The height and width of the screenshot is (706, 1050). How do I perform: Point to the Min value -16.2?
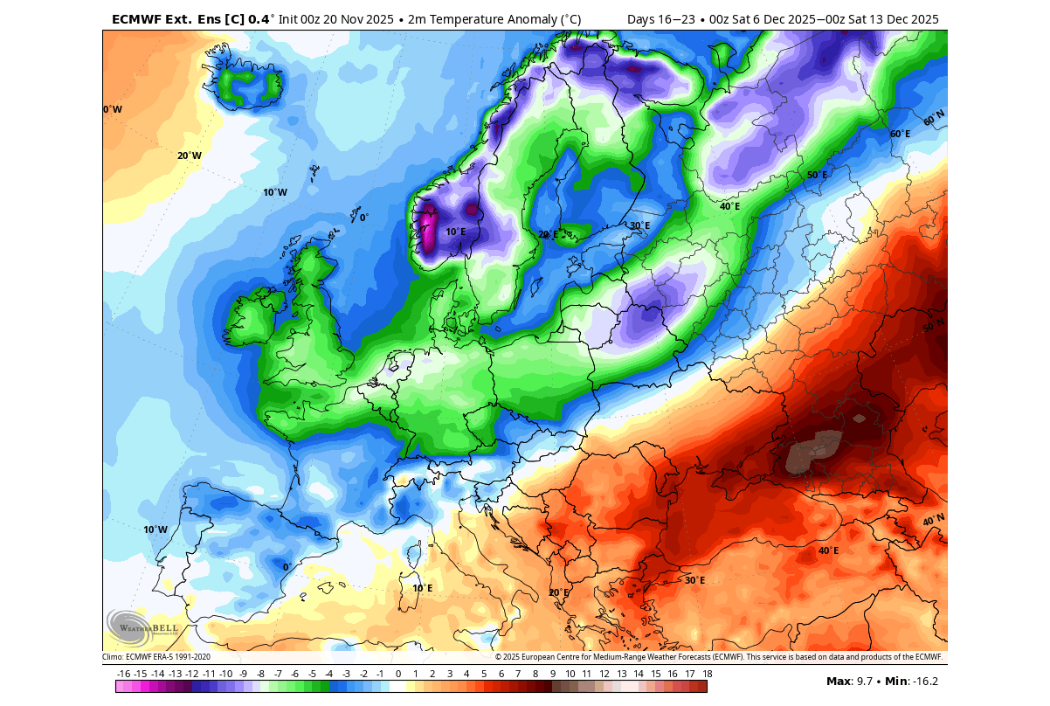[x=923, y=682]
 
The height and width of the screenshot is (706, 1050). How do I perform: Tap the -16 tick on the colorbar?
[x=124, y=674]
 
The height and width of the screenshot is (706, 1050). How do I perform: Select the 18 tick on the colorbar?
[x=706, y=674]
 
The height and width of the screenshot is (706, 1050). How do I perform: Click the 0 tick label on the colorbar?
[x=398, y=674]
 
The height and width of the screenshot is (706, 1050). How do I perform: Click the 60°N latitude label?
[x=934, y=116]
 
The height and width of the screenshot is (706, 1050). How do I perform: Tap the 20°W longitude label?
[x=190, y=156]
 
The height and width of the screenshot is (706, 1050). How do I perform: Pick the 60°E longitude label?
[x=900, y=135]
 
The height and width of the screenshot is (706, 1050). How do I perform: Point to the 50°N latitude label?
[x=934, y=327]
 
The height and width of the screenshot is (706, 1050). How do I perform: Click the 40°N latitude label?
[x=933, y=521]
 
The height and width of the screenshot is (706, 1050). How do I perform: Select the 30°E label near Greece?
[x=694, y=580]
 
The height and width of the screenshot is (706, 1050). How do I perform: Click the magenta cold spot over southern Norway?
[x=429, y=225]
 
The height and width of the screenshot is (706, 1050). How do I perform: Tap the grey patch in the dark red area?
[x=812, y=453]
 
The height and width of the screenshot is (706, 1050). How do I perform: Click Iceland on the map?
[x=251, y=86]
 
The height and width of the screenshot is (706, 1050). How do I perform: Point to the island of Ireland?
[x=256, y=317]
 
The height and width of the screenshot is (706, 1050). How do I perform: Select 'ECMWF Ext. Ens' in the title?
[x=161, y=19]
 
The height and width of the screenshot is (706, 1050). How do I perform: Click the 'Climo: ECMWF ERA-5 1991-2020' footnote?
[x=156, y=657]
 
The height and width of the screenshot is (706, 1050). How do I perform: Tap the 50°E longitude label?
[x=817, y=175]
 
